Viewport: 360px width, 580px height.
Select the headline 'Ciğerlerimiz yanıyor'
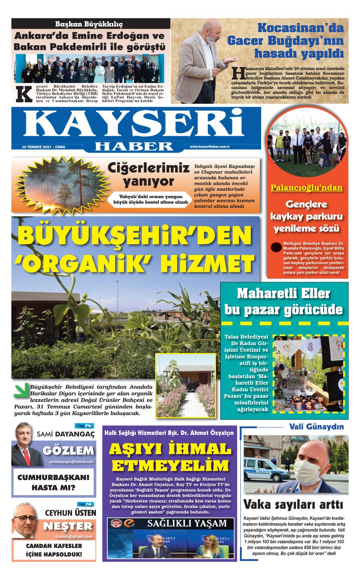149,174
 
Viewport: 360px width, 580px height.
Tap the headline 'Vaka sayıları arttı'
293,504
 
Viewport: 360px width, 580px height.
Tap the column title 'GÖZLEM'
68,451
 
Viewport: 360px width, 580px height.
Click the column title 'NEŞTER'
68,526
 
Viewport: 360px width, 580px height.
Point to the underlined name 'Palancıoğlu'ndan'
306,188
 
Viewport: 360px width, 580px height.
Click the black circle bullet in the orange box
276,247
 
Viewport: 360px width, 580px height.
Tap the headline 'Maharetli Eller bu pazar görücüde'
284,302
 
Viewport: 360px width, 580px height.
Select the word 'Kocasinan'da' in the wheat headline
300,28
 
